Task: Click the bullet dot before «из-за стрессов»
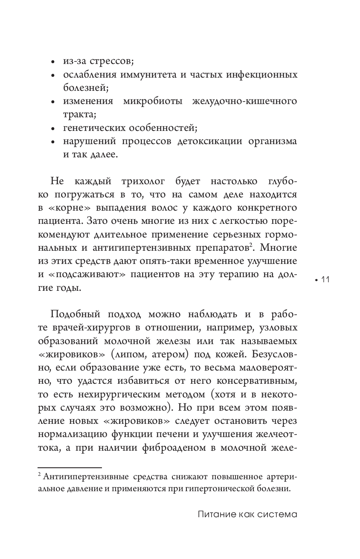[52, 62]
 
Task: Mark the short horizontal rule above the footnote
[70, 469]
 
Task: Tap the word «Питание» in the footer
[215, 515]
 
